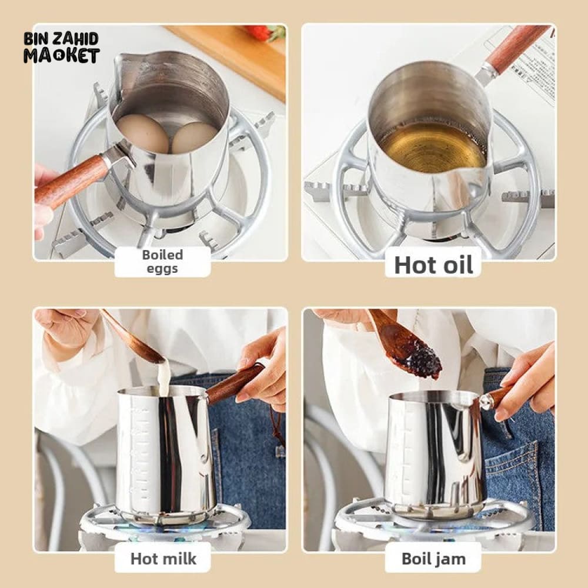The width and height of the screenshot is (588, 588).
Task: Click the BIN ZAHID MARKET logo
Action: [62, 48]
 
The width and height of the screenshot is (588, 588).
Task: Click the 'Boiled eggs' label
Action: [162, 262]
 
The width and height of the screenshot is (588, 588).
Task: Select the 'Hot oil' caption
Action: [433, 265]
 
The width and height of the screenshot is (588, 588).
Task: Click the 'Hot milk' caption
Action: [163, 559]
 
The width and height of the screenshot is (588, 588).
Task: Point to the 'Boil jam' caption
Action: [433, 559]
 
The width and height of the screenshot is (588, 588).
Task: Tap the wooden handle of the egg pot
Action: [71, 180]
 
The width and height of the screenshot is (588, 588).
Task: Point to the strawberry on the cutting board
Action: [266, 32]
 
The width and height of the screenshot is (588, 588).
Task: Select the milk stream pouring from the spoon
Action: [163, 377]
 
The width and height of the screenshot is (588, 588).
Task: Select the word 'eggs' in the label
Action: [162, 269]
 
